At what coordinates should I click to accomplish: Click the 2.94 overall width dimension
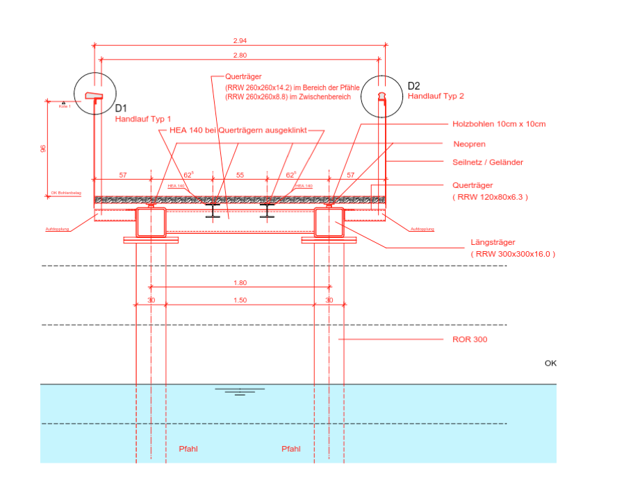(240, 41)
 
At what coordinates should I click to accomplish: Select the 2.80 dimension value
(240, 55)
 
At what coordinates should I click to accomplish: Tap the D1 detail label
(121, 108)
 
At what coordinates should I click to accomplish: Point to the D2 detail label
(414, 86)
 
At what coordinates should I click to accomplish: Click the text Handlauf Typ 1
(142, 119)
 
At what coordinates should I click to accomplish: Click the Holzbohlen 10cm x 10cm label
(498, 124)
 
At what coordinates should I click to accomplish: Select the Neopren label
(468, 144)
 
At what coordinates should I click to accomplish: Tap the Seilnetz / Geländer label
(487, 162)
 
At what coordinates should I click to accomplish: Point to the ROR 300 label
(465, 340)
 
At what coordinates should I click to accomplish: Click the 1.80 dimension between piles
(240, 282)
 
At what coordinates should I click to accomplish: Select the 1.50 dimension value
(240, 300)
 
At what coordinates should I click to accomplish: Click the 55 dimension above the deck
(240, 176)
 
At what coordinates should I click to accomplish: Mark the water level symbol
(240, 391)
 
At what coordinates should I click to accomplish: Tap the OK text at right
(550, 363)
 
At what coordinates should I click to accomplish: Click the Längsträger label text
(493, 243)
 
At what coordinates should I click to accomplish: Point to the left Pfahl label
(188, 449)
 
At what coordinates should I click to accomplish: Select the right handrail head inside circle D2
(381, 95)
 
